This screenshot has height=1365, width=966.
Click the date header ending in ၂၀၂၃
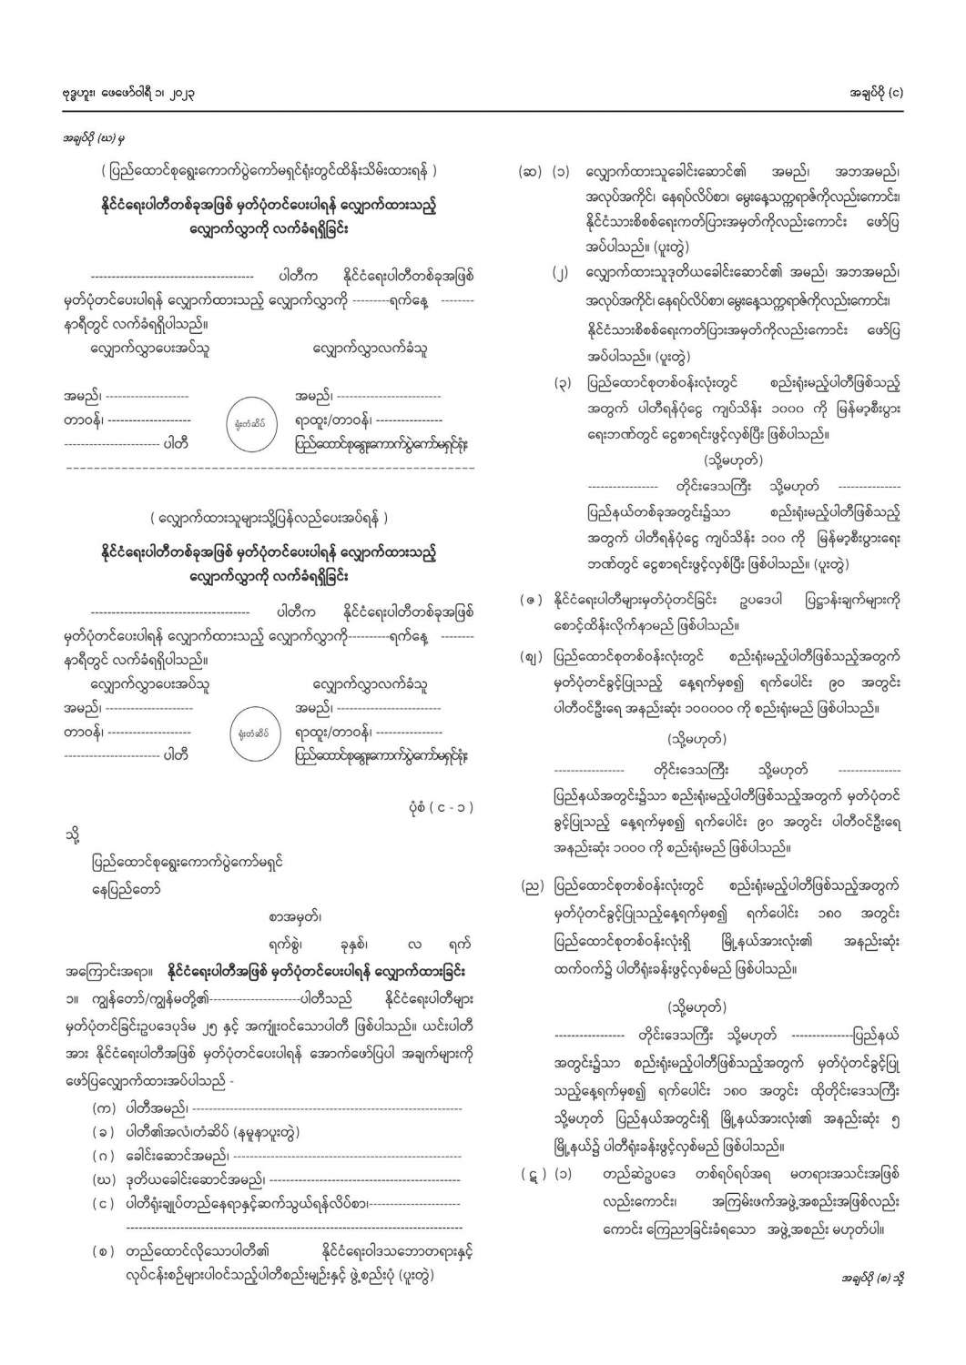pyautogui.click(x=128, y=93)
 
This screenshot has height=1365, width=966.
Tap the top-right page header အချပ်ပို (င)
pyautogui.click(x=874, y=93)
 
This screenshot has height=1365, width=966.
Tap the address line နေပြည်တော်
pyautogui.click(x=126, y=888)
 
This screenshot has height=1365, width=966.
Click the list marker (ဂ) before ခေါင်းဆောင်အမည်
pyautogui.click(x=103, y=1156)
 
